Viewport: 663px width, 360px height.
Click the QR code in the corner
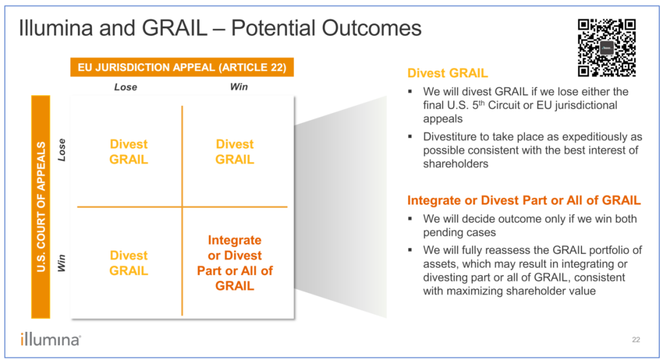(607, 48)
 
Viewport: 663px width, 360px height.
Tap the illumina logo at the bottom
(50, 339)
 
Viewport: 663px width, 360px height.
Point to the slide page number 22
(636, 340)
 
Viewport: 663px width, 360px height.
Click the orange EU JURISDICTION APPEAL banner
(182, 67)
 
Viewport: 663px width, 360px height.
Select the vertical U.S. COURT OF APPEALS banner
(41, 206)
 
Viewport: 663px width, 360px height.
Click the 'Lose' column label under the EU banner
(126, 87)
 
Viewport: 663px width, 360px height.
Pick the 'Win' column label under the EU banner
(239, 87)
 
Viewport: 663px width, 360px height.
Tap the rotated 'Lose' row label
(62, 150)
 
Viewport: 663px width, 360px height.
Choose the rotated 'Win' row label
(62, 263)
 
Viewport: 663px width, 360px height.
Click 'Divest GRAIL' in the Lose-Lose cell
(128, 152)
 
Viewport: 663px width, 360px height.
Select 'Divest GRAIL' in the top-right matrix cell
(235, 152)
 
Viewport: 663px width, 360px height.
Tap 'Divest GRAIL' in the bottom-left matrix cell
(128, 263)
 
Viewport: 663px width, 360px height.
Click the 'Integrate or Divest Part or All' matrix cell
(235, 263)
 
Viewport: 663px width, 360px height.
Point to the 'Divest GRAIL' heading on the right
(448, 73)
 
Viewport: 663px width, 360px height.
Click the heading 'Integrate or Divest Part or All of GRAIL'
(524, 200)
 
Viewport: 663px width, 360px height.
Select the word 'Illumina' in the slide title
(56, 28)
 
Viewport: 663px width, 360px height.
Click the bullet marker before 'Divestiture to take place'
(409, 136)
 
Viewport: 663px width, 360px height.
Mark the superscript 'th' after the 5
(481, 103)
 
